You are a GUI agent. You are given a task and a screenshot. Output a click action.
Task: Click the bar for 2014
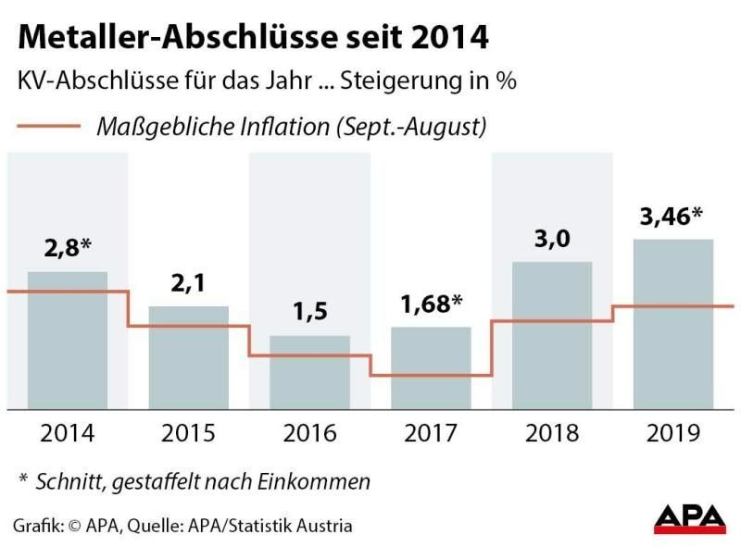click(68, 340)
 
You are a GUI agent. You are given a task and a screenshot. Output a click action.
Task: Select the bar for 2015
click(189, 356)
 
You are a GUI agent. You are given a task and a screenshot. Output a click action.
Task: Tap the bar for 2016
click(309, 372)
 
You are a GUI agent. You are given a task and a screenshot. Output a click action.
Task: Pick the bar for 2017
click(431, 367)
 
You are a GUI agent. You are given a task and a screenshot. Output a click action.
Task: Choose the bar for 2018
click(552, 335)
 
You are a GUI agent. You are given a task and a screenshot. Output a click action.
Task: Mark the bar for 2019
click(673, 323)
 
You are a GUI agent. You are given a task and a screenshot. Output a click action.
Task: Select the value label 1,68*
click(432, 304)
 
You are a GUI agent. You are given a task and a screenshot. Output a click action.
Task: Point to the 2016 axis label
click(309, 432)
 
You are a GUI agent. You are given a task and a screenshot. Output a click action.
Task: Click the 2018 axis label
click(552, 432)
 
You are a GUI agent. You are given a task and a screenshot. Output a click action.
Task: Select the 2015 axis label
click(189, 432)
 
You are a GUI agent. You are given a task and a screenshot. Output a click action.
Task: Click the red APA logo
click(689, 517)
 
